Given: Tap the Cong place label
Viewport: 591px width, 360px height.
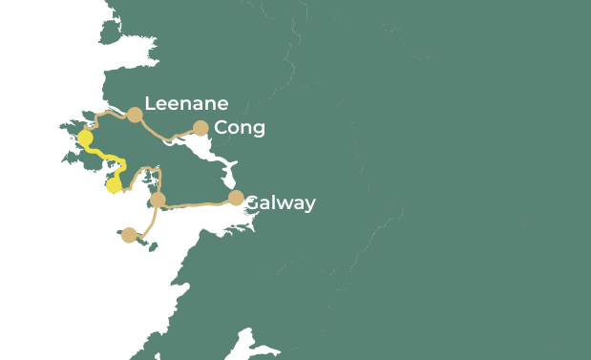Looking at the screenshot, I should coord(240,128).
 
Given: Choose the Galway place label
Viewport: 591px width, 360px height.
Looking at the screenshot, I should coord(280,202).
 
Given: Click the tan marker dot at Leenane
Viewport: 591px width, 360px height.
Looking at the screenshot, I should coord(135,115).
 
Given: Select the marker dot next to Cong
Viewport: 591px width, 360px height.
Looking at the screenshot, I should coord(201,128).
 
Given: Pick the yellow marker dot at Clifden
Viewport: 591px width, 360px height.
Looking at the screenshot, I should coord(85,138).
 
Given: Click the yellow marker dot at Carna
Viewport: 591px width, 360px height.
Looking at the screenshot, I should coord(114,185).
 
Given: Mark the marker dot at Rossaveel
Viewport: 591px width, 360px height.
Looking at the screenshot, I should coord(158,200).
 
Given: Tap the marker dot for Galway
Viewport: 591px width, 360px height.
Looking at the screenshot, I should coord(236,198).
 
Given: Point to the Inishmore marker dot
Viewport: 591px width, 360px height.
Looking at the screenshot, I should coord(130,235).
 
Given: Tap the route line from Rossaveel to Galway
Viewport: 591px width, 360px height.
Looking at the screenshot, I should coord(196,203).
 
